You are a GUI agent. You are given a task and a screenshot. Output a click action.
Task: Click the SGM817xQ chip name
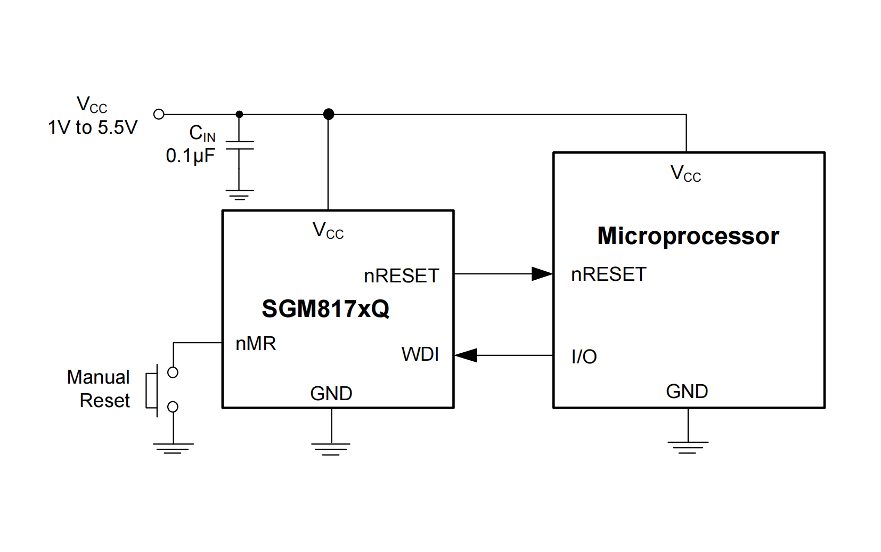pyautogui.click(x=325, y=309)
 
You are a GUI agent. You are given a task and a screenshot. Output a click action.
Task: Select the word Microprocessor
pyautogui.click(x=688, y=236)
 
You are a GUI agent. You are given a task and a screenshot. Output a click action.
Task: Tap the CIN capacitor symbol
pyautogui.click(x=240, y=145)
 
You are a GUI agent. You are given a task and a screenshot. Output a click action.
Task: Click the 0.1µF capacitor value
pyautogui.click(x=190, y=156)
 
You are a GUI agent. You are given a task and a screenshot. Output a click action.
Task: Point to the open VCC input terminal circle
pyautogui.click(x=159, y=114)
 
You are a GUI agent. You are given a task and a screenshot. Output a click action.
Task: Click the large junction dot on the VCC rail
pyautogui.click(x=329, y=114)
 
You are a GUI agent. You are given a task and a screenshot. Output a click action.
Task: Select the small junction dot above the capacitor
pyautogui.click(x=240, y=114)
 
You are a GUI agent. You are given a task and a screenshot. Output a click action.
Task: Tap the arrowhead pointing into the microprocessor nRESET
pyautogui.click(x=542, y=274)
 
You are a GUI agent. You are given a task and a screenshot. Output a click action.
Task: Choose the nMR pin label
pyautogui.click(x=256, y=344)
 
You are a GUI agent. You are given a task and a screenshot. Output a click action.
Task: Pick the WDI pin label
pyautogui.click(x=420, y=354)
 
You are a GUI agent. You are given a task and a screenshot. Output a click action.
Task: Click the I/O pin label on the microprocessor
pyautogui.click(x=584, y=356)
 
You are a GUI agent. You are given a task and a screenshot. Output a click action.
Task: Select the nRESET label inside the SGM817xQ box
pyautogui.click(x=401, y=276)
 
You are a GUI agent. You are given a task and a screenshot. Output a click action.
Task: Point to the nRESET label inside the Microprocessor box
pyautogui.click(x=608, y=274)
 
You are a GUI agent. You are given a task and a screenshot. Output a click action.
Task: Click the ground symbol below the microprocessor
pyautogui.click(x=688, y=447)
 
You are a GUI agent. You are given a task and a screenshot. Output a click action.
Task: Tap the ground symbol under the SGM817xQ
pyautogui.click(x=331, y=449)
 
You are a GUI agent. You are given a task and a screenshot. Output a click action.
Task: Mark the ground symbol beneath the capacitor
pyautogui.click(x=240, y=194)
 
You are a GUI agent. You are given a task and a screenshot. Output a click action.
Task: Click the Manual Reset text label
pyautogui.click(x=99, y=388)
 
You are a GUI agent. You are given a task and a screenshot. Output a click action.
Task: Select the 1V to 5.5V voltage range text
pyautogui.click(x=93, y=127)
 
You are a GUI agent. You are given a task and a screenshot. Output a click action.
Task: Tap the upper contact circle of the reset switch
pyautogui.click(x=173, y=372)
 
